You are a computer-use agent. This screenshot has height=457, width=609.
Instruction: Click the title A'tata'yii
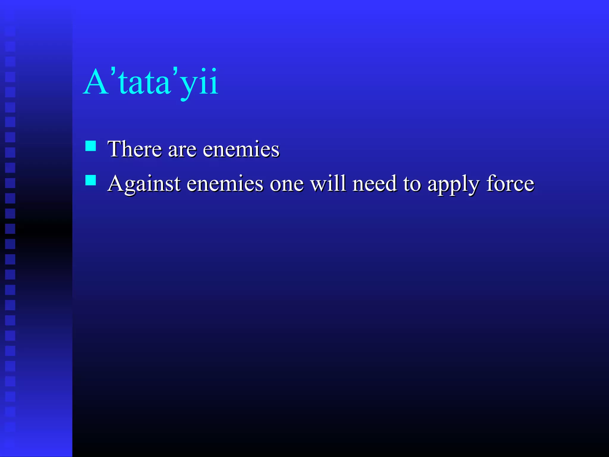point(151,82)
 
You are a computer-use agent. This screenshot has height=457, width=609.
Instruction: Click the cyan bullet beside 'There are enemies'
point(91,146)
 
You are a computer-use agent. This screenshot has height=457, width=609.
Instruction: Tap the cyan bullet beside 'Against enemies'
point(91,180)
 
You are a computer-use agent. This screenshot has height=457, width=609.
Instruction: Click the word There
point(135,149)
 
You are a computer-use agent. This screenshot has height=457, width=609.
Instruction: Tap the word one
point(287,184)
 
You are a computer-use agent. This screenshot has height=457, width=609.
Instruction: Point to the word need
point(374,183)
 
